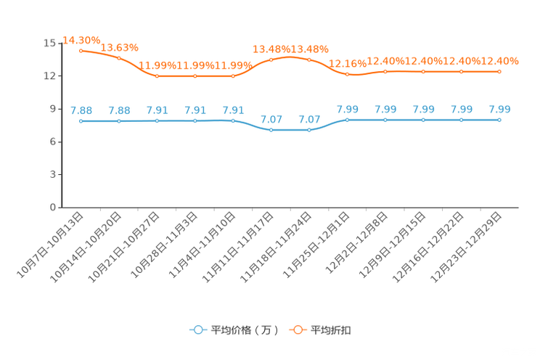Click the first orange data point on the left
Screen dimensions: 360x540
pyautogui.click(x=81, y=50)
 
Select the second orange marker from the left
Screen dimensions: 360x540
pyautogui.click(x=119, y=58)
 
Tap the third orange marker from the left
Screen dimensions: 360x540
pyautogui.click(x=157, y=75)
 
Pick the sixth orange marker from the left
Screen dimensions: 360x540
pyautogui.click(x=271, y=59)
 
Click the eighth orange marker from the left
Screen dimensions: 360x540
pyautogui.click(x=348, y=73)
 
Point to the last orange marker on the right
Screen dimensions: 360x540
pyautogui.click(x=499, y=71)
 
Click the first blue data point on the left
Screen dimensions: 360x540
pyautogui.click(x=81, y=120)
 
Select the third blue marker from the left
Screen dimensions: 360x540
pyautogui.click(x=157, y=120)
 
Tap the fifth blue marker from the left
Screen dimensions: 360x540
pyautogui.click(x=233, y=120)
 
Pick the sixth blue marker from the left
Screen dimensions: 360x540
pyautogui.click(x=271, y=130)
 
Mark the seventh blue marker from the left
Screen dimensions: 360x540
pyautogui.click(x=309, y=130)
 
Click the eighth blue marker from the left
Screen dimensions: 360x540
pyautogui.click(x=348, y=119)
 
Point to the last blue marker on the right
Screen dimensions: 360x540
pyautogui.click(x=499, y=119)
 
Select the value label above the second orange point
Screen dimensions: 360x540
pyautogui.click(x=119, y=47)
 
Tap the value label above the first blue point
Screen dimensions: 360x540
pyautogui.click(x=81, y=110)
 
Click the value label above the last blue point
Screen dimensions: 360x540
pyautogui.click(x=499, y=110)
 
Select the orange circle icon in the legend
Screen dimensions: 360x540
pyautogui.click(x=298, y=330)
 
